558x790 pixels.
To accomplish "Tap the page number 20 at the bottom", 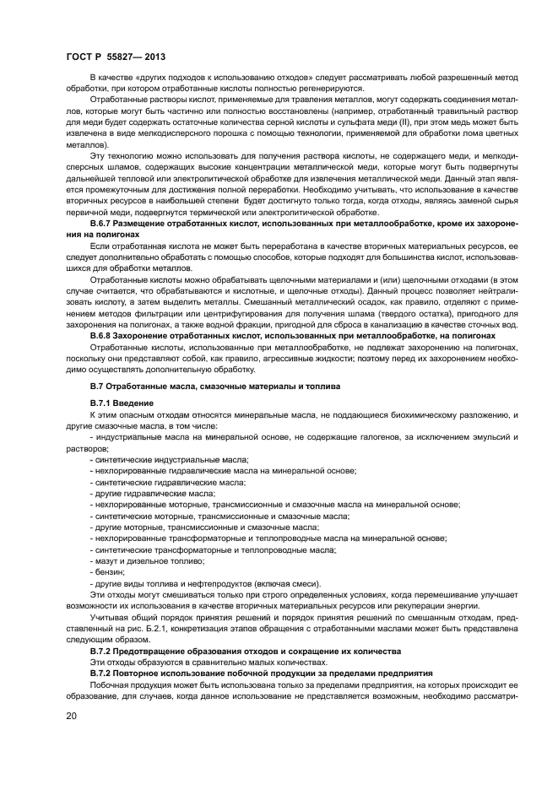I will click(x=71, y=716).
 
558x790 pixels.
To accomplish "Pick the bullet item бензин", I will click(x=106, y=572).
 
